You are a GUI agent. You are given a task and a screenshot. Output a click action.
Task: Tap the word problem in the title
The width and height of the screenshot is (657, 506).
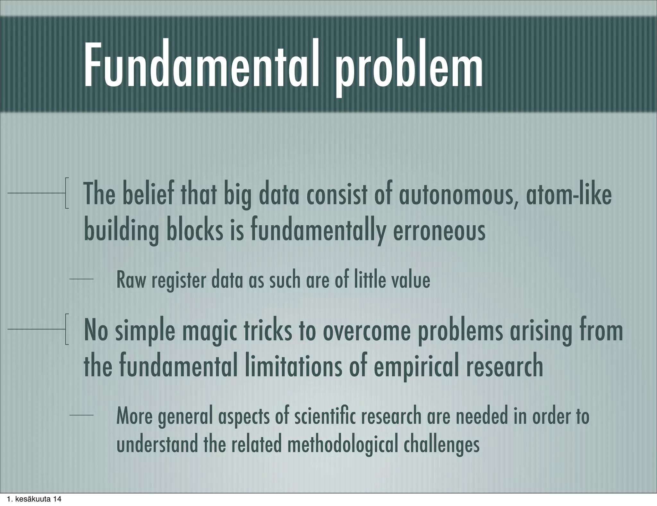click(409, 69)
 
